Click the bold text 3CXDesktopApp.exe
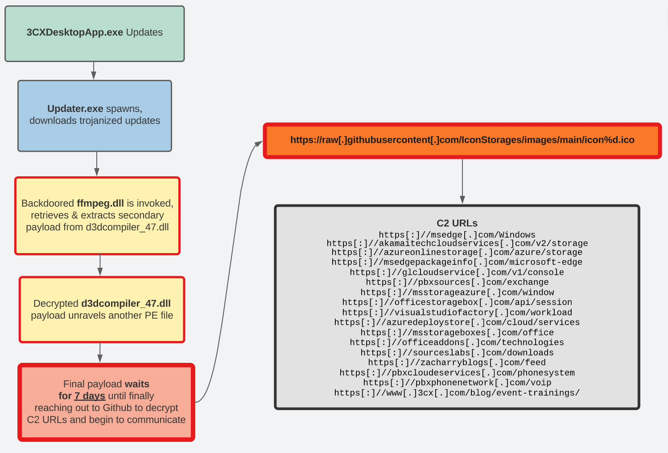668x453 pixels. (74, 33)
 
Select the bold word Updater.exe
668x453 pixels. (75, 109)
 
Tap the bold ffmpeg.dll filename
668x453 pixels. (100, 204)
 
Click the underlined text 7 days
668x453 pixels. (90, 396)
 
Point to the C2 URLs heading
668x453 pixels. (457, 223)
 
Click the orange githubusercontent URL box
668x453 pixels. (462, 140)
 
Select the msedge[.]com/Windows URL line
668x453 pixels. (457, 235)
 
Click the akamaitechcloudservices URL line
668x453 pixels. (457, 243)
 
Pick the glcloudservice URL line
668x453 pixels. (457, 272)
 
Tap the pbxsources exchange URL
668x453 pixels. (457, 282)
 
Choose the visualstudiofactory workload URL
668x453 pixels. (457, 312)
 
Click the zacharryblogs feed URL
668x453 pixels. (457, 362)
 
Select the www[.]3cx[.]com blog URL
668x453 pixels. (457, 393)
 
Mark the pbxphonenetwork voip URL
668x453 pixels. (457, 382)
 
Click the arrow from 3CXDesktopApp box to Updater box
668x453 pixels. (94, 71)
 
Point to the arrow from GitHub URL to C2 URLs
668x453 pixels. (462, 181)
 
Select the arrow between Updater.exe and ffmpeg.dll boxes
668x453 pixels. (97, 164)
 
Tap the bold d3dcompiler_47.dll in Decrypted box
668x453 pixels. (126, 303)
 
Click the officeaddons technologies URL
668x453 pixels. (457, 342)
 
